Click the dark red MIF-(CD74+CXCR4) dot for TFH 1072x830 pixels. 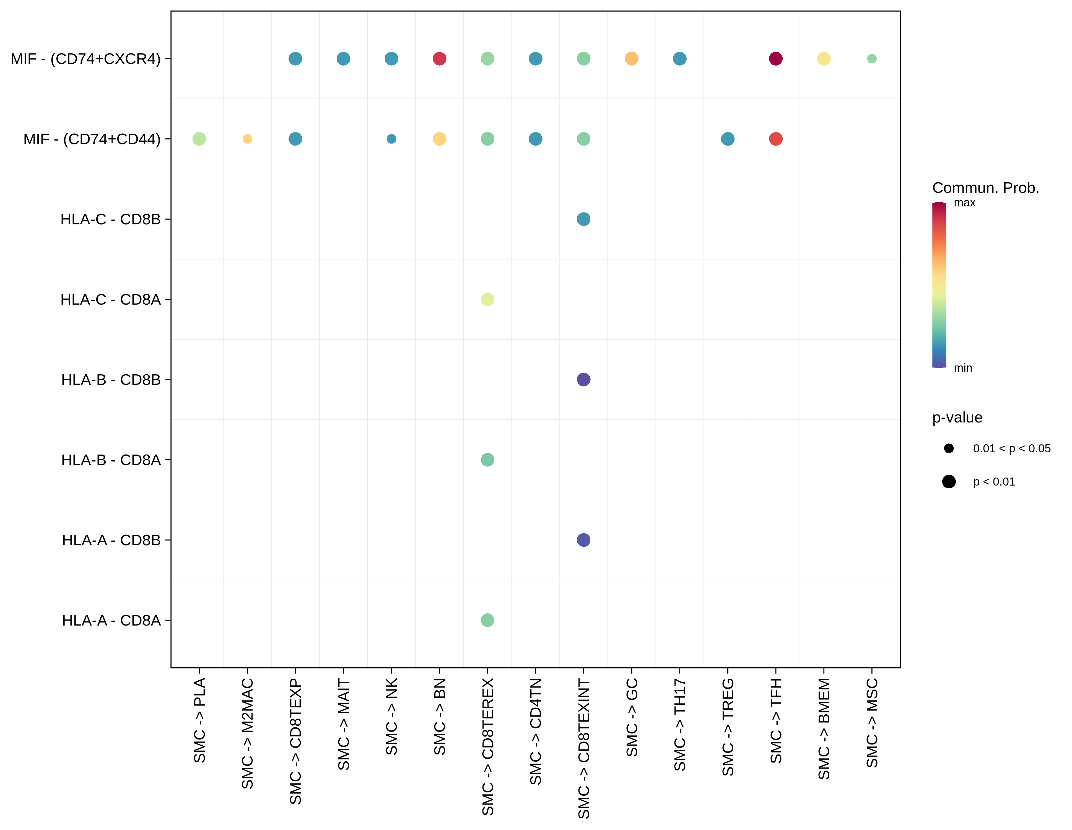(x=775, y=59)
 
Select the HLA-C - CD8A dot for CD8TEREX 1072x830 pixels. (x=487, y=299)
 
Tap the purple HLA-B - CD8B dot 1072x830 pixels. (x=584, y=379)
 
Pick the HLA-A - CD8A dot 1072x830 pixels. (x=487, y=620)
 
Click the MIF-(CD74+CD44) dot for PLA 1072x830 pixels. (x=199, y=139)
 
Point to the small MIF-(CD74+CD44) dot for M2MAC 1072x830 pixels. (x=247, y=139)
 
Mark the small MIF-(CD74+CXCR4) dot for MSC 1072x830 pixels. (x=872, y=59)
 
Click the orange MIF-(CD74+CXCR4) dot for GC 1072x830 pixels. (x=632, y=59)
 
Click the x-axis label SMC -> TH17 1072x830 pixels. (x=680, y=725)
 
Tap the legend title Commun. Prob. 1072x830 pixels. (x=986, y=188)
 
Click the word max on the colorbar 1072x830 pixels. (x=964, y=203)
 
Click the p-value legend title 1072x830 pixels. (x=957, y=418)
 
